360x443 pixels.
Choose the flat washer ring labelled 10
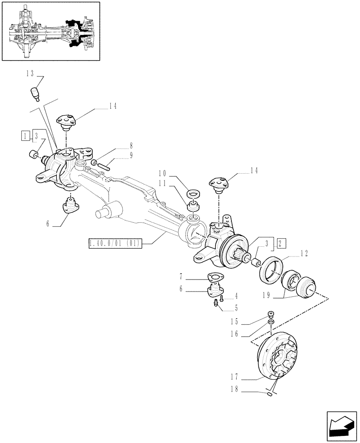(x=194, y=194)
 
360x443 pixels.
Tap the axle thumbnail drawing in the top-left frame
(x=51, y=32)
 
